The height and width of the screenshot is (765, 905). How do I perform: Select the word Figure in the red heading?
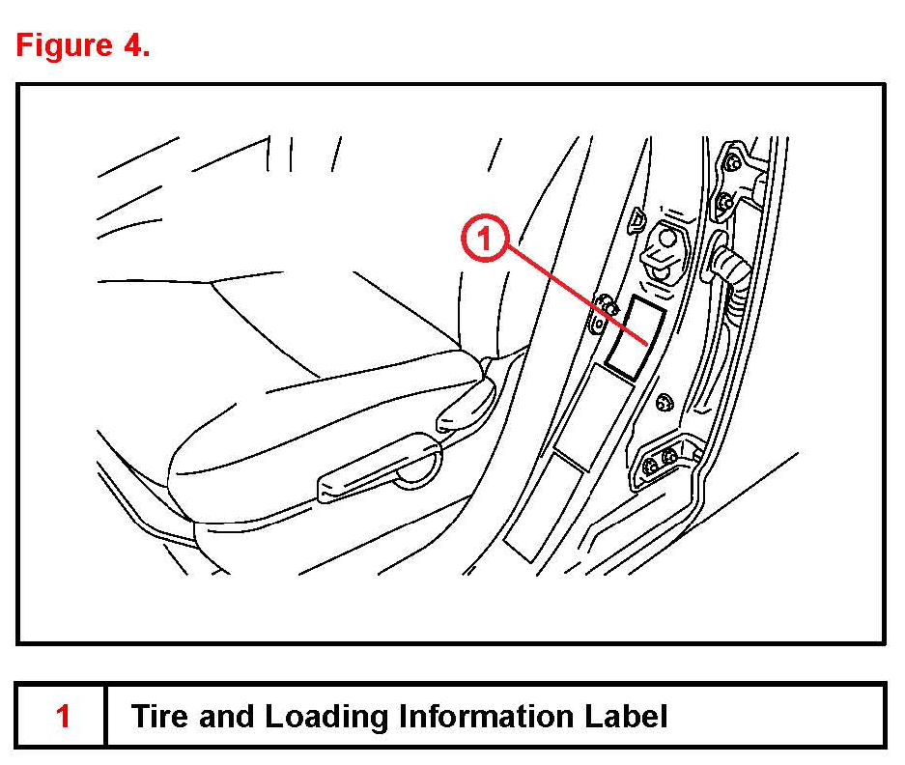pos(65,46)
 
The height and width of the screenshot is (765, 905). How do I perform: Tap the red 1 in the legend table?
pos(63,717)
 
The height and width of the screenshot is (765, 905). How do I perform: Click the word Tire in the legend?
pos(159,717)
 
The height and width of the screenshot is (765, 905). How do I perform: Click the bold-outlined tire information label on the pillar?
pos(634,336)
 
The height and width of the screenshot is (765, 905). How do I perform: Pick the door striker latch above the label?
pos(665,246)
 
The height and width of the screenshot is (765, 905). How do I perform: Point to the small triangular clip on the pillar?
pos(636,222)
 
